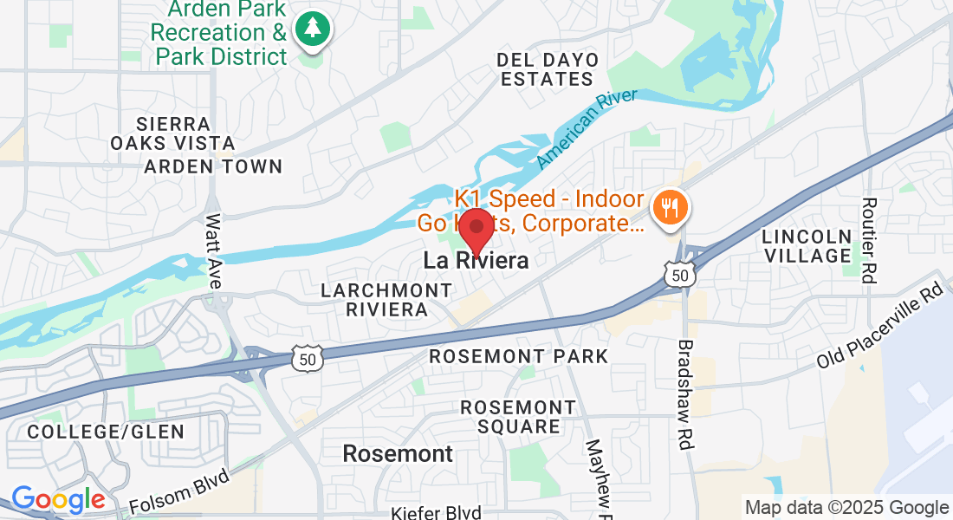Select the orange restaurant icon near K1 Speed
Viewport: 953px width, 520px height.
671,208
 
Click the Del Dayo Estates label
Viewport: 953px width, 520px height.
548,69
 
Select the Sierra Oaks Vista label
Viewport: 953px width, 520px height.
172,133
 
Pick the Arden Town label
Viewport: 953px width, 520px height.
213,166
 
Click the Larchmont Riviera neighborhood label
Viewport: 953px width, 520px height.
374,299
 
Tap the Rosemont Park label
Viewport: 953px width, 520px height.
519,356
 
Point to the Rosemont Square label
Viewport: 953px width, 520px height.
517,416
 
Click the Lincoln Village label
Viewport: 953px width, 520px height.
807,245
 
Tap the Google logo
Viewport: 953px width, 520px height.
58,500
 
